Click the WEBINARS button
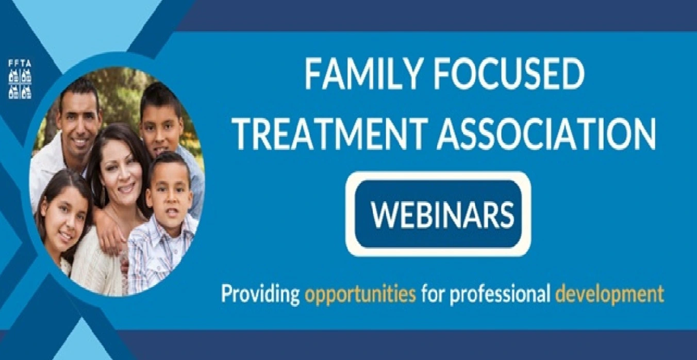pos(438,214)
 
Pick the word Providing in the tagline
pos(260,294)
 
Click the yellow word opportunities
pos(361,294)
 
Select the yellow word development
pos(609,294)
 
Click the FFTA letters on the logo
pos(20,63)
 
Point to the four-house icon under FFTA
pos(20,84)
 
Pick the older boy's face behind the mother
pos(161,124)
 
